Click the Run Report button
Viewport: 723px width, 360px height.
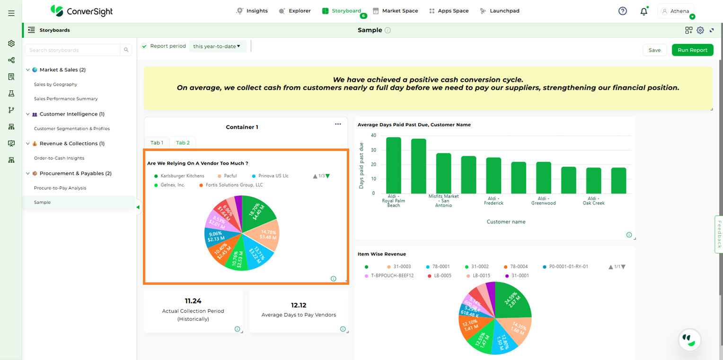(x=692, y=50)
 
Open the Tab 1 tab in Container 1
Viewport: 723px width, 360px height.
(x=157, y=143)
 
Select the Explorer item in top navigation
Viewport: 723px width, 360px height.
(x=295, y=11)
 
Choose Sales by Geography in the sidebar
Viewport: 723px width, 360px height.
(x=55, y=84)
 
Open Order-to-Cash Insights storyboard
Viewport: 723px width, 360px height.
(x=59, y=158)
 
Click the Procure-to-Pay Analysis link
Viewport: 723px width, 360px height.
(x=60, y=188)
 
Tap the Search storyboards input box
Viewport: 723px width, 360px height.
(x=73, y=50)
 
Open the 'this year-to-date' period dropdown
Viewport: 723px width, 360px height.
(x=217, y=46)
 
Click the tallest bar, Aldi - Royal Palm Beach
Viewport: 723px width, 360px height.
(x=393, y=165)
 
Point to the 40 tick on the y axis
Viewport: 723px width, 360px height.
(x=373, y=135)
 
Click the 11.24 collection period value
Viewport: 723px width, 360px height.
(x=193, y=301)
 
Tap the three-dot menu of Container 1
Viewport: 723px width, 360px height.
(x=338, y=124)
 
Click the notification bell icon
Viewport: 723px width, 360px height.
(x=644, y=11)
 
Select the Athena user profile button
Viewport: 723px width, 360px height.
(x=676, y=11)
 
